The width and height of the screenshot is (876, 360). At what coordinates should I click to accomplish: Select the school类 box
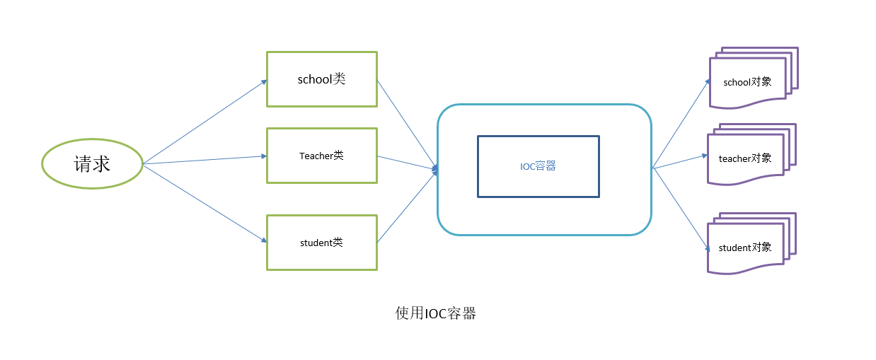tap(321, 79)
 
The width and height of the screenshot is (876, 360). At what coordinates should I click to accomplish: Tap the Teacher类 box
tap(321, 156)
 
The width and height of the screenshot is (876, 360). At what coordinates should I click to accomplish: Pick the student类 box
tap(321, 243)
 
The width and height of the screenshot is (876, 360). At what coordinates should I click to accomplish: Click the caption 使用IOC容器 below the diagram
tap(435, 313)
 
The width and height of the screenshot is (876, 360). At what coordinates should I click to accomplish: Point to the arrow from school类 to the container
tap(407, 124)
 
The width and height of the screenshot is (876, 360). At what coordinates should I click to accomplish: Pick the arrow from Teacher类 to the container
tap(407, 163)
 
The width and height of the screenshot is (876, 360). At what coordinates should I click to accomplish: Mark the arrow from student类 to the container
tap(407, 207)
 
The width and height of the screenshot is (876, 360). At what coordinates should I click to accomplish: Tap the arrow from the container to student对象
tap(681, 209)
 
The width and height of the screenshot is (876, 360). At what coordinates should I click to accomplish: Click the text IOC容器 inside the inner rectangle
tap(538, 166)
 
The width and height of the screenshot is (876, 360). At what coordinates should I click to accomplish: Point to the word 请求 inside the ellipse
tap(92, 164)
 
